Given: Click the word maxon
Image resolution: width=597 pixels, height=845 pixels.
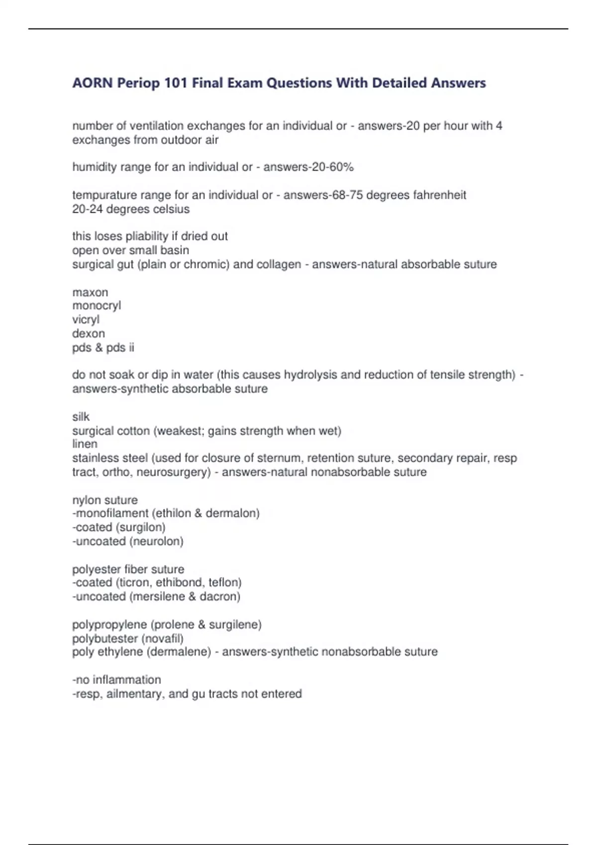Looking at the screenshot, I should pyautogui.click(x=90, y=292).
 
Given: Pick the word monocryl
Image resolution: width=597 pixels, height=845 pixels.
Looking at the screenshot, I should pyautogui.click(x=97, y=306).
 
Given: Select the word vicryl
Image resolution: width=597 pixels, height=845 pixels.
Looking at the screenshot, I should pyautogui.click(x=86, y=320).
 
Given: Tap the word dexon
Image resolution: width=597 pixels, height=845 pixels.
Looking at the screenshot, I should pyautogui.click(x=89, y=334).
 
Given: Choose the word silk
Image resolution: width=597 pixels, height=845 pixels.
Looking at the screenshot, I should pyautogui.click(x=81, y=417).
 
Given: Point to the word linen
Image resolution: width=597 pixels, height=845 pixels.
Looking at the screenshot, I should pyautogui.click(x=85, y=444).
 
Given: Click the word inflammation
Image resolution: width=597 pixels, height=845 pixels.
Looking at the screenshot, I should pyautogui.click(x=127, y=680).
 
